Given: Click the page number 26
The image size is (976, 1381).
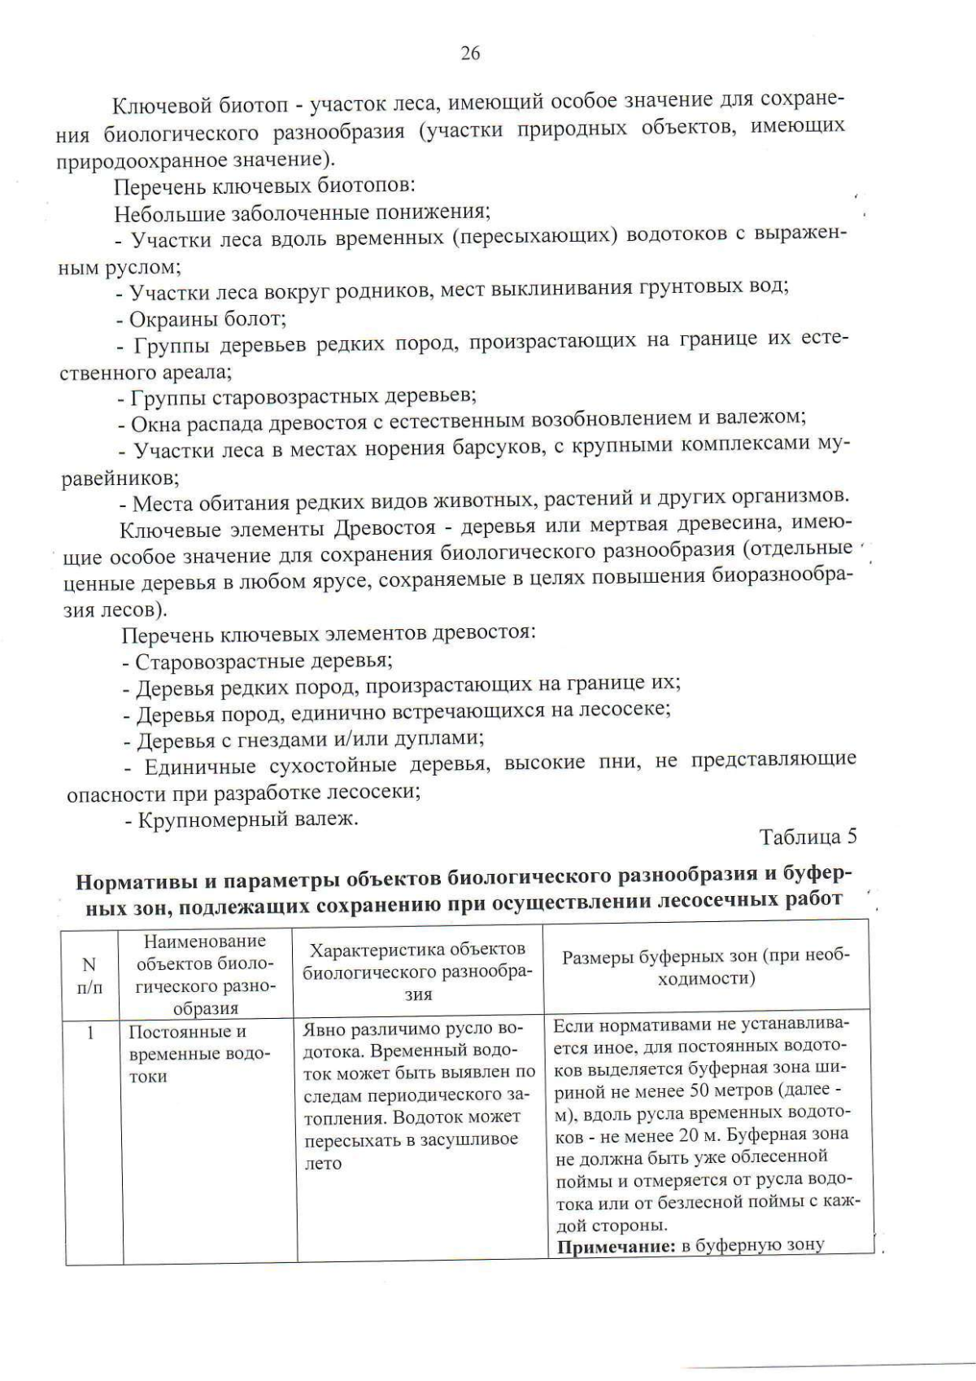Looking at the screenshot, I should pos(470,54).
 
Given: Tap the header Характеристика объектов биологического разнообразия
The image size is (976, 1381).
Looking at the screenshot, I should pos(419,971).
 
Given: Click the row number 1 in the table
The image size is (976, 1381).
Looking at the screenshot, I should pos(91,1033).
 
